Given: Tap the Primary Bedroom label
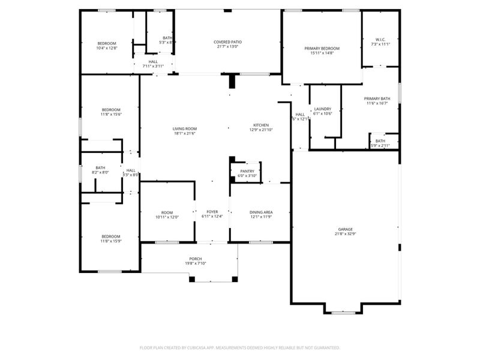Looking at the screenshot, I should point(322,48).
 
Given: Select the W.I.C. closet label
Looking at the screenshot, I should point(380,40).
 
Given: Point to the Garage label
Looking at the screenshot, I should point(345,229).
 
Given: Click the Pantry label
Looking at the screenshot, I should point(247,171).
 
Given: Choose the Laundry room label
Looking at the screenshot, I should point(322,109).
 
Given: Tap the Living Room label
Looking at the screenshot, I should point(184,128).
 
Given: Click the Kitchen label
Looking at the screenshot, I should point(260,125).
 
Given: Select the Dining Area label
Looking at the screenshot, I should point(262,212).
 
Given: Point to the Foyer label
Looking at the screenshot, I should point(212,212).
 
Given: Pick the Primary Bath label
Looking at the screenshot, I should point(377,98).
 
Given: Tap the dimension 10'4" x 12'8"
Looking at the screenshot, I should point(107,47).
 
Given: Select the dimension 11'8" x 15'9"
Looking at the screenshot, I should point(110,241).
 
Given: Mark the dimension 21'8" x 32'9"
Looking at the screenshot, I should point(345,234).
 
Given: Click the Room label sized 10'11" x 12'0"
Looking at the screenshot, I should point(167,212).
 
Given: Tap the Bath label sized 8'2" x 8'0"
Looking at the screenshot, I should point(100,168).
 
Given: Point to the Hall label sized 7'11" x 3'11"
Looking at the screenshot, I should point(153,61).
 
